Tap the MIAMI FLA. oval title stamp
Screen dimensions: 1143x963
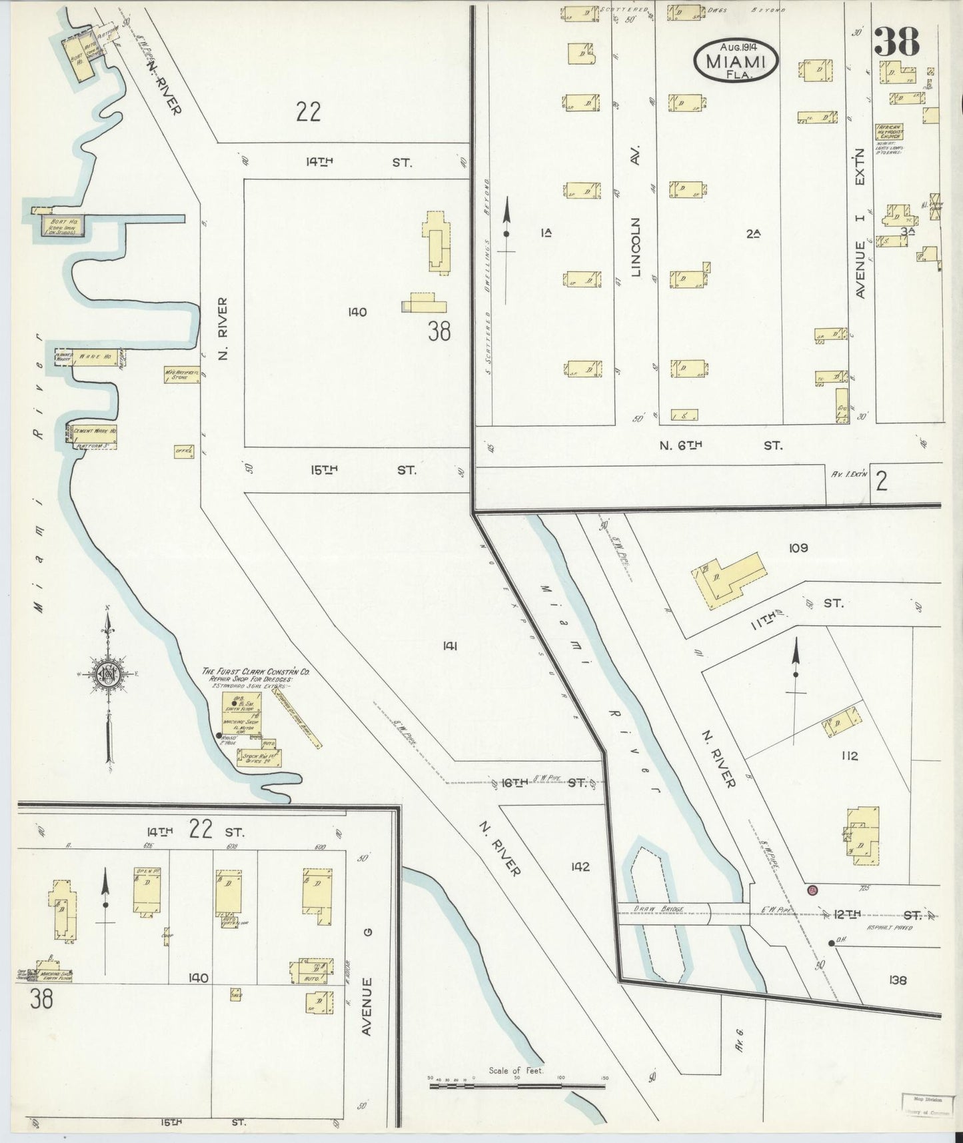pyautogui.click(x=735, y=61)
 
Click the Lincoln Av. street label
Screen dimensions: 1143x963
pyautogui.click(x=636, y=247)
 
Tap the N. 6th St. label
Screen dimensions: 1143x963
pyautogui.click(x=720, y=445)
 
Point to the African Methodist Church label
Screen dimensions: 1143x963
pyautogui.click(x=890, y=131)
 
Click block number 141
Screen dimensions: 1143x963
pyautogui.click(x=449, y=645)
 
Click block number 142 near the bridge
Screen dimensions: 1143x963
pyautogui.click(x=580, y=866)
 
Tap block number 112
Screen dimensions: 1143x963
pyautogui.click(x=849, y=756)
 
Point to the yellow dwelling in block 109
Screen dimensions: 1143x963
pyautogui.click(x=728, y=576)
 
